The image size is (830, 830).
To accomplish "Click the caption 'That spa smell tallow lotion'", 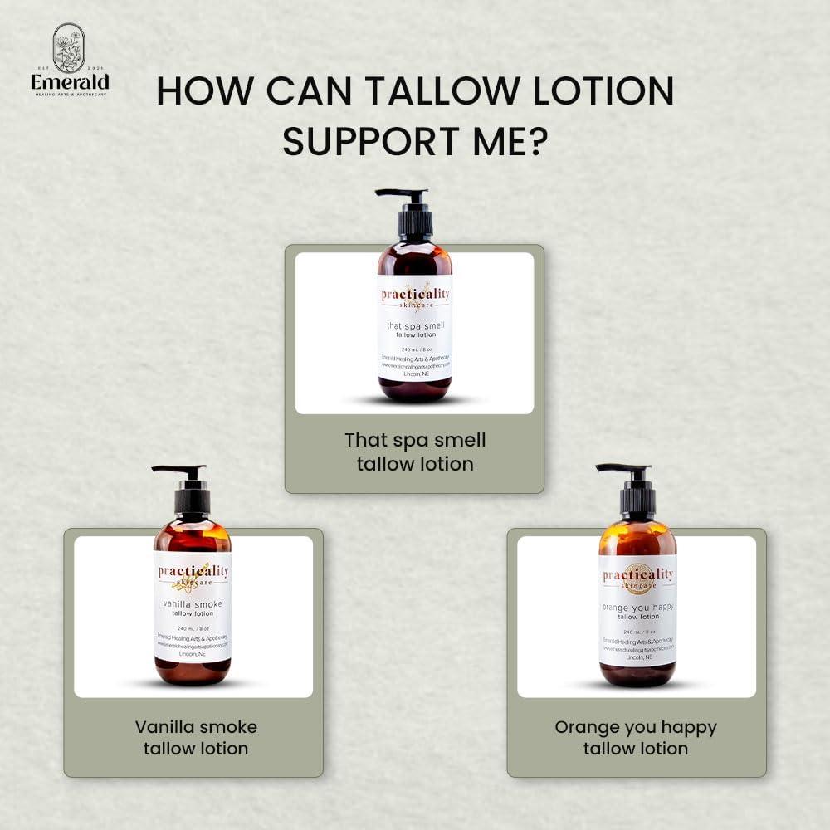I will pyautogui.click(x=415, y=452).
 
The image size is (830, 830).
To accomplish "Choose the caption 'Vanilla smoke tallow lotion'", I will pyautogui.click(x=196, y=737).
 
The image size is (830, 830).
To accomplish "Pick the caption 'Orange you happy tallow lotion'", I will pyautogui.click(x=636, y=737).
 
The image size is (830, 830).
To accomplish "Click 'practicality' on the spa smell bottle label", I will pyautogui.click(x=414, y=294).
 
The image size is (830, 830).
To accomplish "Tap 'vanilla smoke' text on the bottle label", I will pyautogui.click(x=193, y=604).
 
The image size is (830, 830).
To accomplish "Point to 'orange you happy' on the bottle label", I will pyautogui.click(x=637, y=607).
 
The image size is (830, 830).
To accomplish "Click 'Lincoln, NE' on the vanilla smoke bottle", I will pyautogui.click(x=193, y=653).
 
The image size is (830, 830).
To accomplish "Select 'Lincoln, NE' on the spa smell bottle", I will pyautogui.click(x=414, y=374).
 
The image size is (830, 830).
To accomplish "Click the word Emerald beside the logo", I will pyautogui.click(x=70, y=82).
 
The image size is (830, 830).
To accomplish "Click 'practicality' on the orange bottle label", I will pyautogui.click(x=637, y=574).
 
